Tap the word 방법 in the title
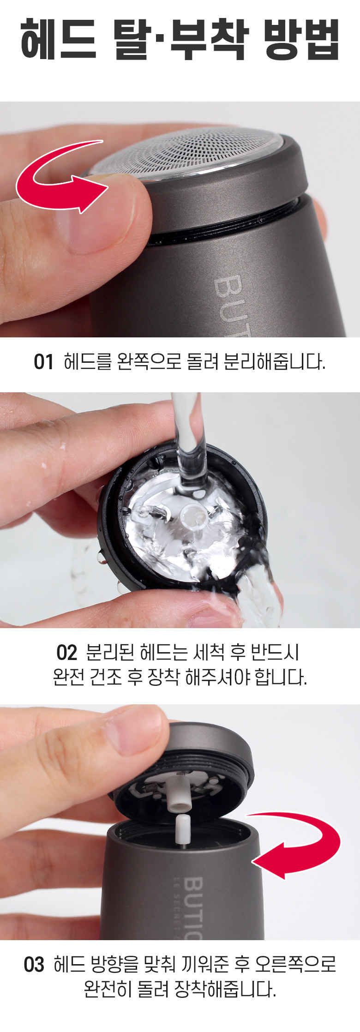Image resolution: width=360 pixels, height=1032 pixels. [302, 40]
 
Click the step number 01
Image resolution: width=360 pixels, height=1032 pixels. [43, 362]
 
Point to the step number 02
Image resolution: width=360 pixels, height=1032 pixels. [66, 653]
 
